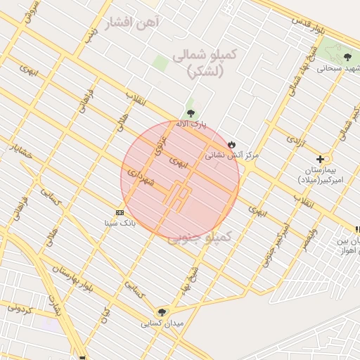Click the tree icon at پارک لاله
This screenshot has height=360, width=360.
[x=191, y=113]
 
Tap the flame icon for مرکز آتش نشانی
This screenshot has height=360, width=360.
[x=231, y=143]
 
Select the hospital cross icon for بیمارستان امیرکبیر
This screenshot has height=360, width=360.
[x=321, y=160]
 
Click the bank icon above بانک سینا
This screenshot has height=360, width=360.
[x=120, y=212]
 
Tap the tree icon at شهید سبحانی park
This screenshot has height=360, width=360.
[x=347, y=57]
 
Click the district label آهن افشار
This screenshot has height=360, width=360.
[x=132, y=24]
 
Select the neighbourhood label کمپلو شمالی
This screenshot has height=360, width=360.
[x=209, y=63]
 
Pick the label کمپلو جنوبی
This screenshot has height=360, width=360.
[x=200, y=238]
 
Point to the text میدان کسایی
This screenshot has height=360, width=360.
[x=156, y=324]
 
